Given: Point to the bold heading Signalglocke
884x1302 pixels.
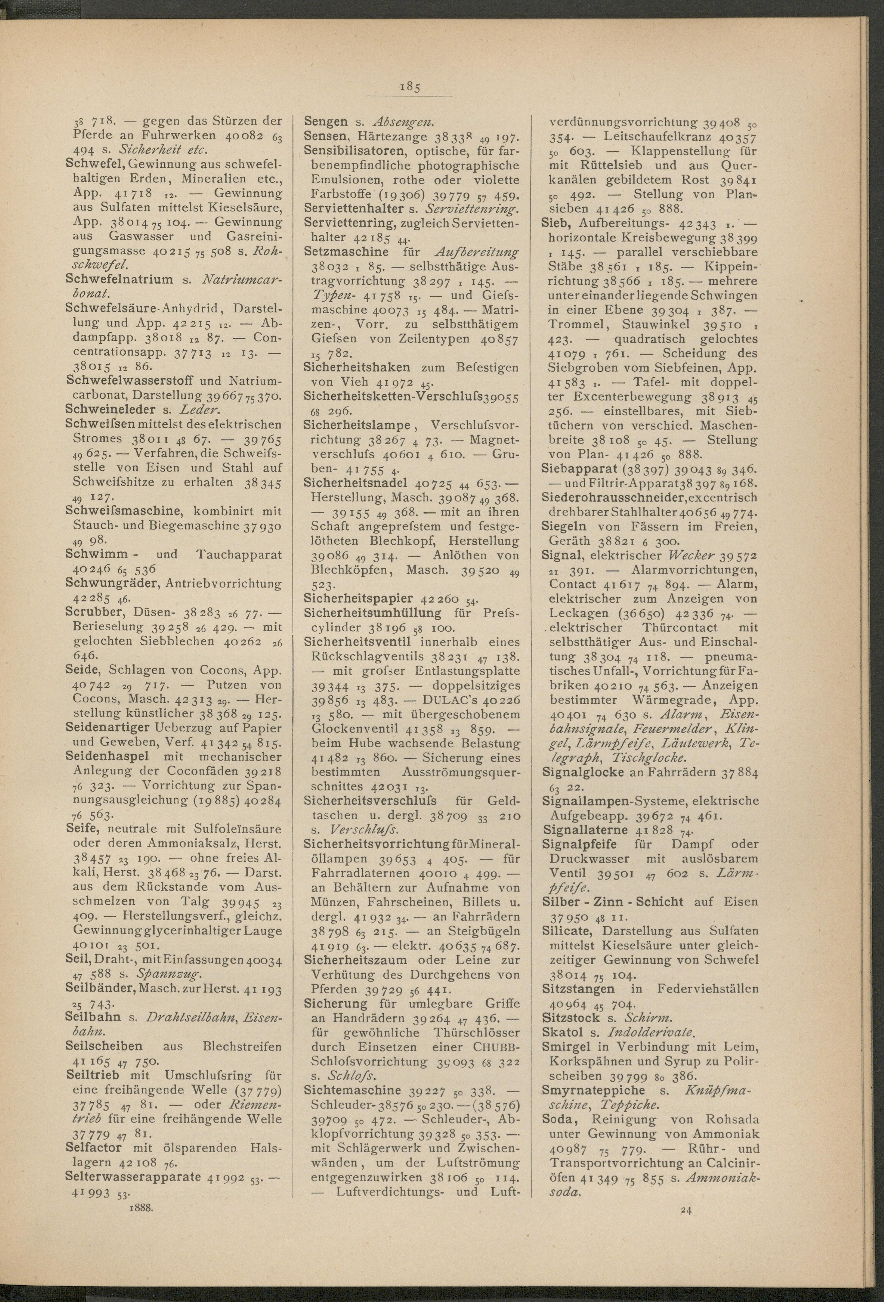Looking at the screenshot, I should [x=582, y=772].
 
